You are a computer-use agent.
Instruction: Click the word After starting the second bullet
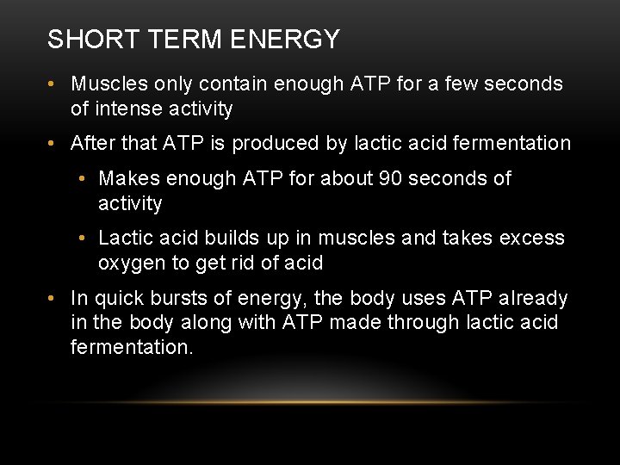coord(93,143)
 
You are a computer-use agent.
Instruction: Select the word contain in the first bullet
coord(232,84)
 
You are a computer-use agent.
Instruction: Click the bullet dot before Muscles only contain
coord(53,84)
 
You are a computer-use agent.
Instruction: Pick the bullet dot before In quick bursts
coord(53,299)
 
